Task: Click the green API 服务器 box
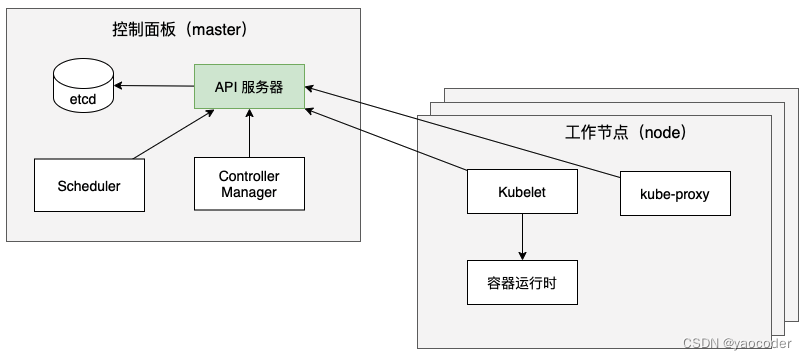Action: pyautogui.click(x=249, y=87)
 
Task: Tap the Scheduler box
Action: pyautogui.click(x=88, y=185)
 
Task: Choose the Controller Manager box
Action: pyautogui.click(x=249, y=184)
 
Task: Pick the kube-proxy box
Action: pyautogui.click(x=675, y=194)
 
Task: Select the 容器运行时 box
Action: pyautogui.click(x=521, y=284)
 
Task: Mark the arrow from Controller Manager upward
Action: pyautogui.click(x=249, y=133)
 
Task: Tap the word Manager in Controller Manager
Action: pyautogui.click(x=249, y=192)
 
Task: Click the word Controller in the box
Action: pyautogui.click(x=249, y=176)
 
